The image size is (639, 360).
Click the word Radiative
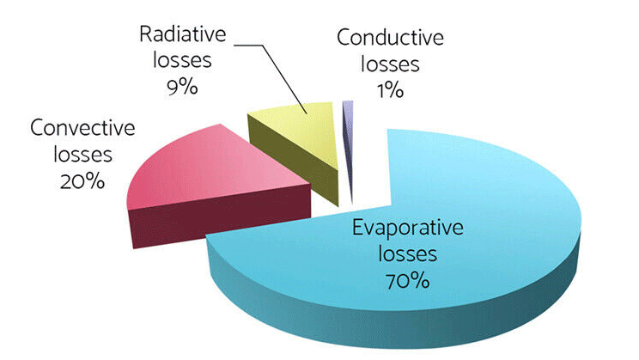(x=183, y=34)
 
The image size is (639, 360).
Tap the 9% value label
(x=182, y=88)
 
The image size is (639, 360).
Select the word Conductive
(x=390, y=38)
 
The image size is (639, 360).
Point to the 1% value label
(x=391, y=90)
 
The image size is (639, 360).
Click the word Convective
(x=82, y=128)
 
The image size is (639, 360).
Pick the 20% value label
(x=82, y=181)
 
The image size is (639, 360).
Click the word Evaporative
(x=407, y=228)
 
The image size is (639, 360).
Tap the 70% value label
(x=407, y=281)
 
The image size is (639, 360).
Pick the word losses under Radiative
(x=182, y=61)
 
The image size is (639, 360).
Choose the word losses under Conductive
(x=390, y=64)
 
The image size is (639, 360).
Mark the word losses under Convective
(x=82, y=155)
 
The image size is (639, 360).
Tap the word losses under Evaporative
(x=407, y=254)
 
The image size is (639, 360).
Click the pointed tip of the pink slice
(x=310, y=185)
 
